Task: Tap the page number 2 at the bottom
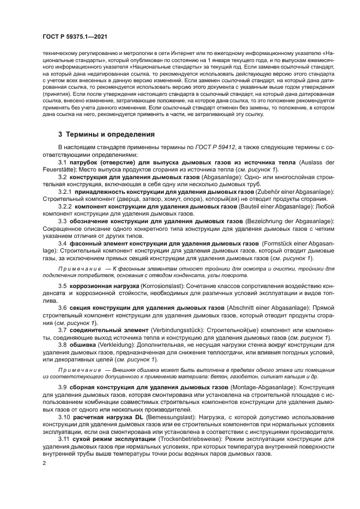pyautogui.click(x=44, y=463)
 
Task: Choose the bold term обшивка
pyautogui.click(x=82, y=345)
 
